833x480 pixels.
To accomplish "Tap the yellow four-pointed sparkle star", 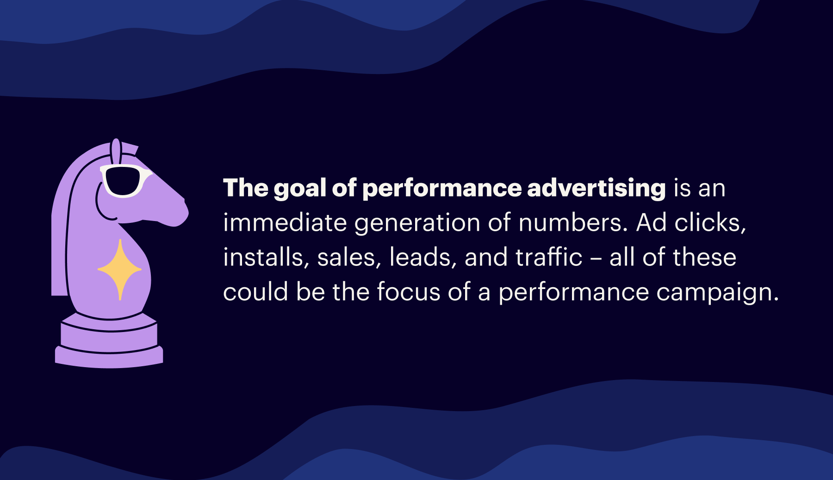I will pyautogui.click(x=120, y=269).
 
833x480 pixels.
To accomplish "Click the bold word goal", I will pyautogui.click(x=300, y=189).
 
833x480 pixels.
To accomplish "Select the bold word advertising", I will pyautogui.click(x=596, y=189).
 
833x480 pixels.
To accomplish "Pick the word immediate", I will pyautogui.click(x=285, y=223).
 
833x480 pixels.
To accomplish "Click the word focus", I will pyautogui.click(x=408, y=292).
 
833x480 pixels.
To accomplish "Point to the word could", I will pyautogui.click(x=255, y=292).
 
